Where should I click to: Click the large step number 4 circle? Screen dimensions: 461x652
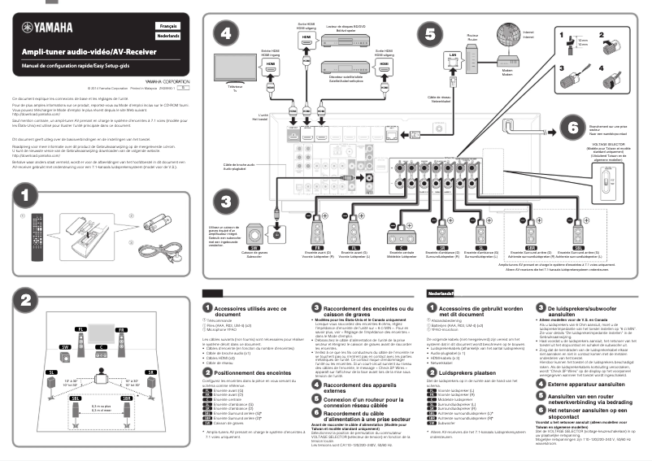point(227,34)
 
